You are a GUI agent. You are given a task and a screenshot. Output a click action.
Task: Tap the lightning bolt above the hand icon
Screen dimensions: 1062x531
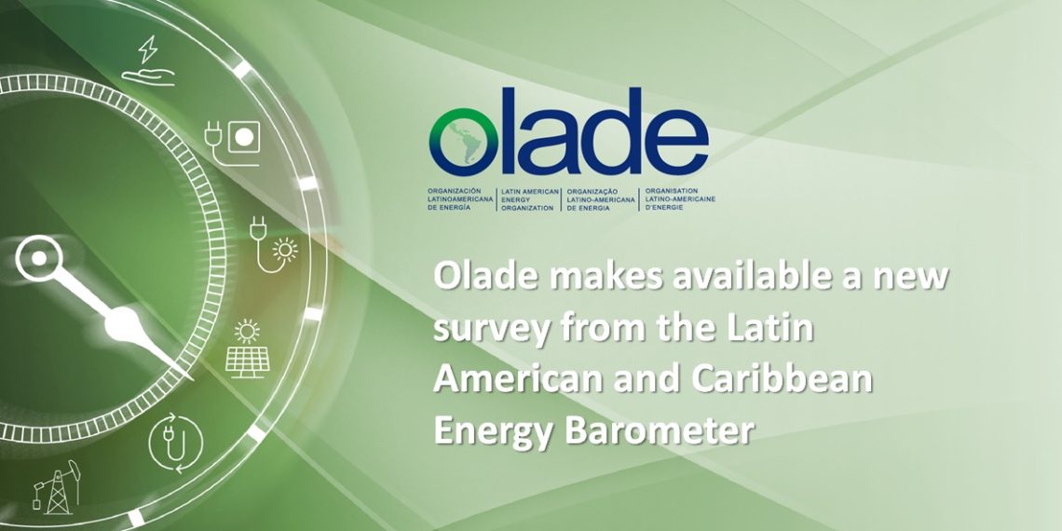click(147, 48)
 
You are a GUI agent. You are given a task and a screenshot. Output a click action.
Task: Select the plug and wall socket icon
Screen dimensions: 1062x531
click(233, 143)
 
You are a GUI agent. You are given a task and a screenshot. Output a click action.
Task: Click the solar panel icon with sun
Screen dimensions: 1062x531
click(247, 348)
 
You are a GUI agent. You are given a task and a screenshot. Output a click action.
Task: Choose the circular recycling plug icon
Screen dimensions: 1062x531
click(175, 442)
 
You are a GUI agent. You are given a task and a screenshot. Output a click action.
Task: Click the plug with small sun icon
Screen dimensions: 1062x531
click(273, 244)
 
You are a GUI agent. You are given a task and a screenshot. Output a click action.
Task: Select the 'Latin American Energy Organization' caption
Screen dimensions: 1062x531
click(530, 199)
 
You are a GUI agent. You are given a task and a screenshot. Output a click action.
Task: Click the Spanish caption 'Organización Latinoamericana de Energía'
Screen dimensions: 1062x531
click(458, 199)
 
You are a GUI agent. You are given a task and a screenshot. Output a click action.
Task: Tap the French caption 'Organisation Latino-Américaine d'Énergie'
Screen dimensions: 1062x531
click(679, 199)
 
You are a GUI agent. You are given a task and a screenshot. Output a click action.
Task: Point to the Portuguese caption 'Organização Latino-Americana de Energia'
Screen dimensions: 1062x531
click(601, 199)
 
